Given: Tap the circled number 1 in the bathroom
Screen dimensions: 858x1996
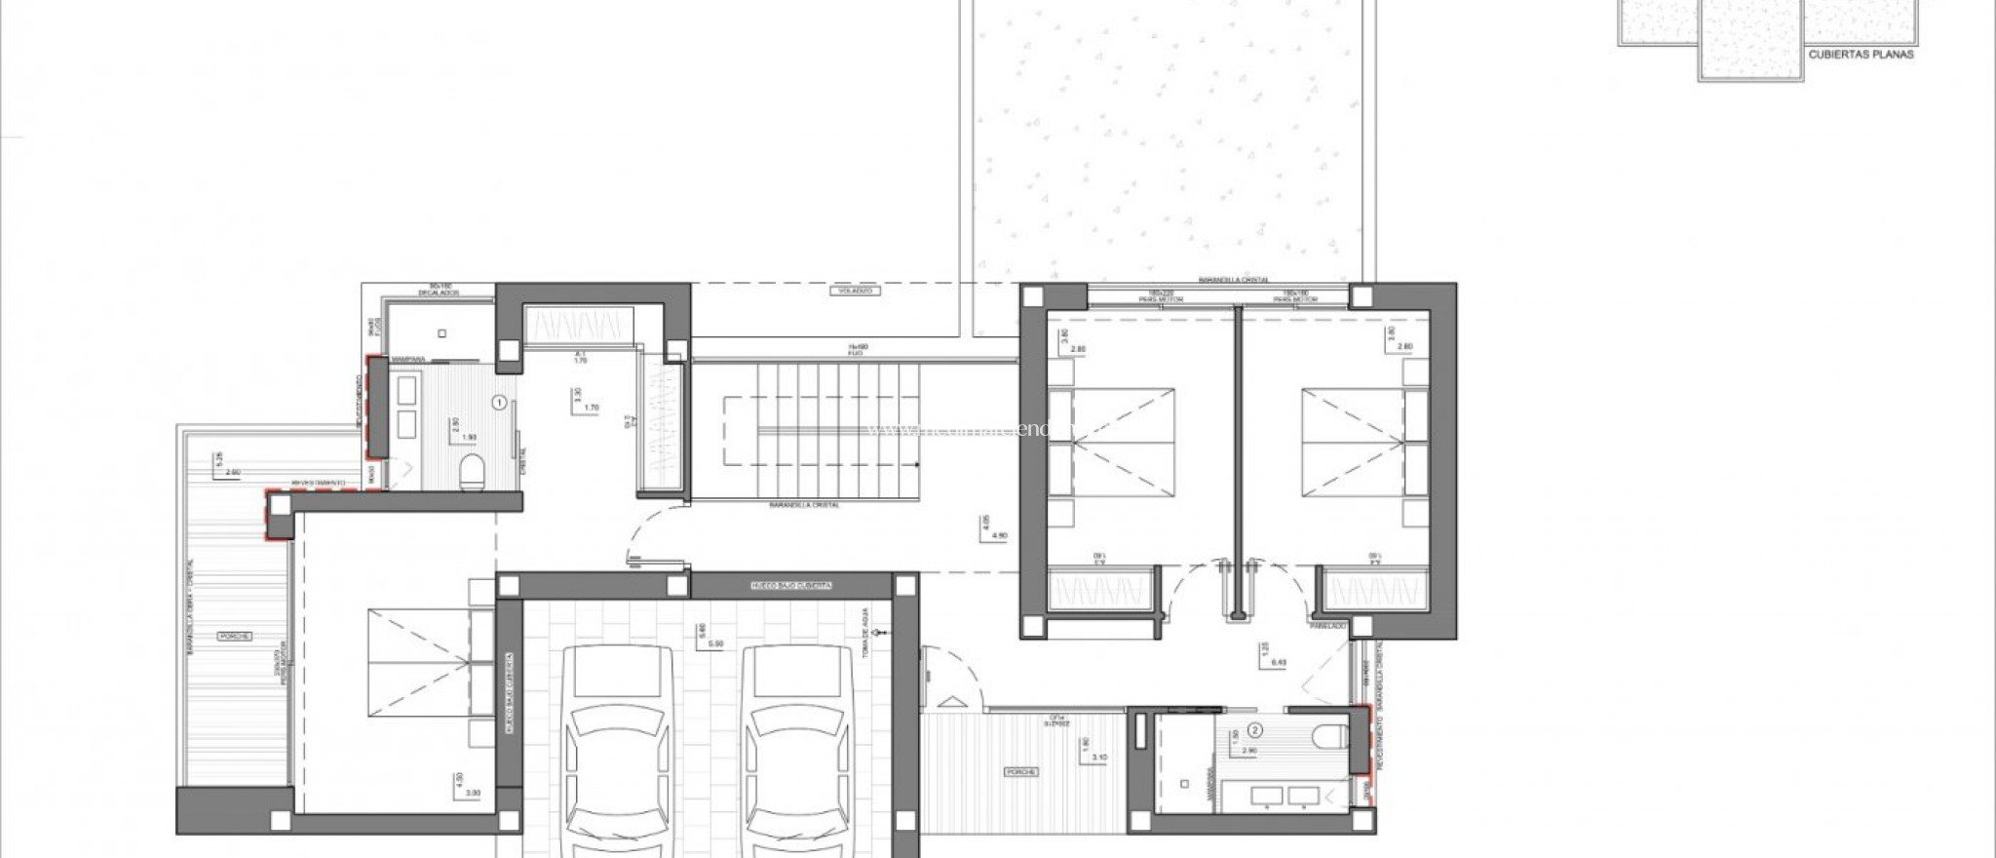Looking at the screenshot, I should pyautogui.click(x=499, y=401).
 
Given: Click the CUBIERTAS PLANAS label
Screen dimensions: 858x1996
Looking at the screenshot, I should pyautogui.click(x=1861, y=55).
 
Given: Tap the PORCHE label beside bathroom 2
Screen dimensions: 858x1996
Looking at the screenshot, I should pyautogui.click(x=1023, y=771).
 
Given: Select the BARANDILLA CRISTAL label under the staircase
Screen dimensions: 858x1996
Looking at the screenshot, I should pyautogui.click(x=805, y=505).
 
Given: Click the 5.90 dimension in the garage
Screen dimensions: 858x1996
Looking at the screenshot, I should pyautogui.click(x=715, y=644).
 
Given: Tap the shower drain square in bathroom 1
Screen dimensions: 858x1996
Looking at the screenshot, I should pyautogui.click(x=442, y=333).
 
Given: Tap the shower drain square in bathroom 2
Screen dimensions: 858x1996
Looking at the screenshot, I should pyautogui.click(x=1184, y=783).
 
